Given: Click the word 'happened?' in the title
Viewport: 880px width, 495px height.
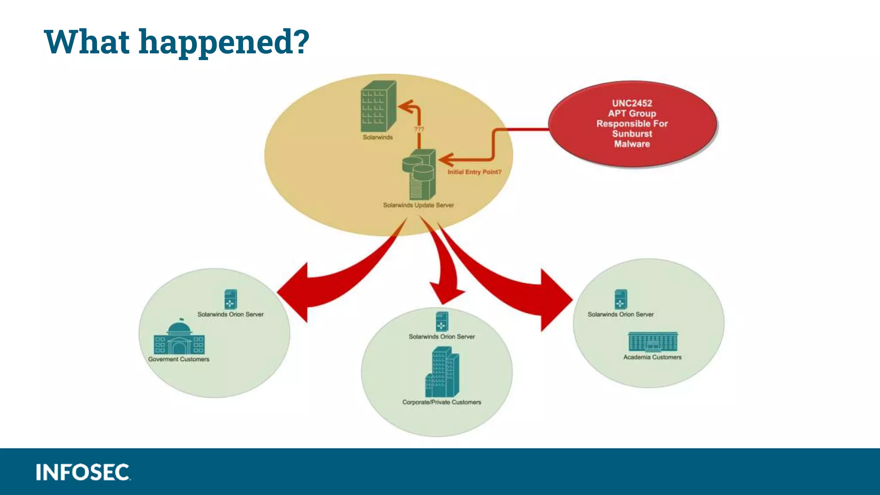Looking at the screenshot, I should click(x=224, y=42).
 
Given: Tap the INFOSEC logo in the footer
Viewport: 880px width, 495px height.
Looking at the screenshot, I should click(x=83, y=472).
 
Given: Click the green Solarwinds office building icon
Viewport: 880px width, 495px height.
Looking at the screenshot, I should click(x=378, y=106).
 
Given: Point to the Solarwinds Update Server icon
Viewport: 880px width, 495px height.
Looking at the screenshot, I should click(x=419, y=174).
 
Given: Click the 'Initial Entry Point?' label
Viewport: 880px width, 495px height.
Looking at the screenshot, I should click(x=474, y=172).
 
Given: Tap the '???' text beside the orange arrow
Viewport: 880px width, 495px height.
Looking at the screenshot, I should click(x=419, y=129).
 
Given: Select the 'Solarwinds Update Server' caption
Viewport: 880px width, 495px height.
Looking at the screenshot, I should click(x=418, y=205).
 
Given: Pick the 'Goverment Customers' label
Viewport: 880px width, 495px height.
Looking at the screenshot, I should click(x=179, y=359).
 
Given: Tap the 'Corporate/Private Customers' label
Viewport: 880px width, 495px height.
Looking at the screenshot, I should click(x=442, y=402).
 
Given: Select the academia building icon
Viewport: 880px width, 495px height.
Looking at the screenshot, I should click(x=653, y=342).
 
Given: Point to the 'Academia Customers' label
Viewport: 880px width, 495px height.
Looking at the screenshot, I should click(x=652, y=357).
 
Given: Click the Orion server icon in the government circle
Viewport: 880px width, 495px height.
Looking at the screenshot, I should click(x=231, y=299).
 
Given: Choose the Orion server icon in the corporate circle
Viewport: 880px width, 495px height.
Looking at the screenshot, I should click(x=442, y=321).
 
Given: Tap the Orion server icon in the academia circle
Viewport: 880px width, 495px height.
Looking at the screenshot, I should click(x=620, y=299).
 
